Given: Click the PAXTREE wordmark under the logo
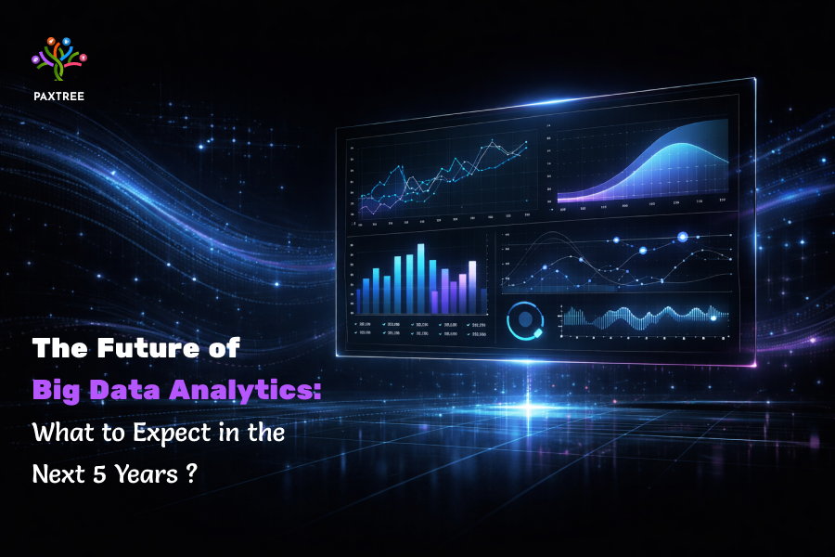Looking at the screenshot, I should pos(58,95).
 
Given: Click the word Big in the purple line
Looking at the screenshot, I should pos(58,390).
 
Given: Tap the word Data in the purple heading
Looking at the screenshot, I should pos(134,390).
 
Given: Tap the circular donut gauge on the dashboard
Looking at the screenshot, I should pos(525,320).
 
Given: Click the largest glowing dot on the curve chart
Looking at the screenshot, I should pos(683,238).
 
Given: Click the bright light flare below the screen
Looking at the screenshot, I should pos(534,408).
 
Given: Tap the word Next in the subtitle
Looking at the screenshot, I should pos(56,473).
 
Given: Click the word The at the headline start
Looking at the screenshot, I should pos(59,349).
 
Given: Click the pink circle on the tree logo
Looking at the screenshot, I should pos(83,58).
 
